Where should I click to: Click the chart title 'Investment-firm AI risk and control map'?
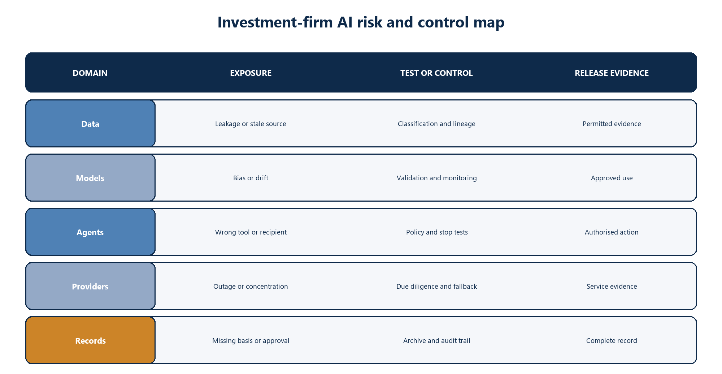coord(361,22)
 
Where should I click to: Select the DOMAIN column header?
coord(90,73)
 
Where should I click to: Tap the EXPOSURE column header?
coord(251,73)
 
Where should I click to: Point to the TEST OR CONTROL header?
coord(436,73)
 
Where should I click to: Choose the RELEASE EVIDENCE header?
coord(612,73)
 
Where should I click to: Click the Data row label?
coord(90,124)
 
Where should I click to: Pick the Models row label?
coord(90,178)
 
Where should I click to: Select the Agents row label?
coord(90,232)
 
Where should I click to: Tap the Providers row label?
coord(90,286)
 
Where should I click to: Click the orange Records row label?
coord(90,340)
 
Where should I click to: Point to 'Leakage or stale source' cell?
coord(251,124)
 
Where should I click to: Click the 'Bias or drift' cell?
coord(251,178)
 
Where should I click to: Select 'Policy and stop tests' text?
coord(437,232)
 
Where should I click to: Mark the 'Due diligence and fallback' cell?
coord(436,287)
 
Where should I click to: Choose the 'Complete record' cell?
coord(612,341)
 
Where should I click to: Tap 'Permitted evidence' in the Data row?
coord(612,124)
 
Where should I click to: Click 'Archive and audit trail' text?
coord(436,341)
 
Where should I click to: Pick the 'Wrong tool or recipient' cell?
coord(251,232)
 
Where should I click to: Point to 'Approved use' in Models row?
coord(612,178)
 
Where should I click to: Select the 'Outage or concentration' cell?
coord(251,287)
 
